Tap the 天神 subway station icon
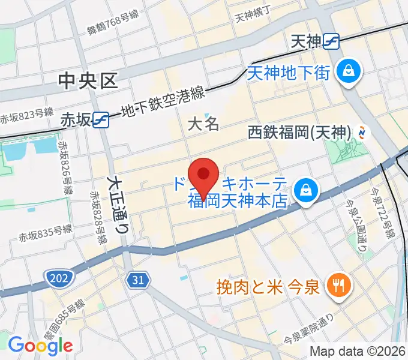(331, 41)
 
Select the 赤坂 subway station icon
(101, 120)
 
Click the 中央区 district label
(89, 80)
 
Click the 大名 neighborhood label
(203, 125)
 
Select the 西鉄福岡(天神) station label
(299, 131)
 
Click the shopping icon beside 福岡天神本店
(306, 191)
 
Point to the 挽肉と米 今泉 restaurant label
(268, 286)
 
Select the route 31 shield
(137, 279)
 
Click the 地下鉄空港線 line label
(163, 103)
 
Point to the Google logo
(40, 345)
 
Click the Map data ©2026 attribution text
(358, 352)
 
